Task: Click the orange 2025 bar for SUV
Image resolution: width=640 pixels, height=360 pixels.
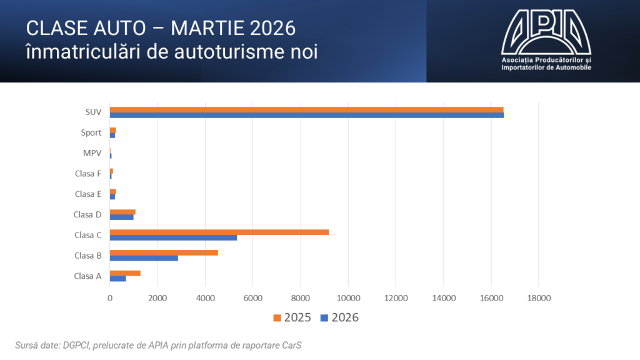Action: [x=306, y=109]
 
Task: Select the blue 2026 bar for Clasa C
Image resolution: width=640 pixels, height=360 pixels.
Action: [x=173, y=237]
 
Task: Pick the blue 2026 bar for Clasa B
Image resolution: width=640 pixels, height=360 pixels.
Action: [x=144, y=258]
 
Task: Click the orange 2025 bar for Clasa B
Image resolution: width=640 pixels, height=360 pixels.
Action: [x=164, y=252]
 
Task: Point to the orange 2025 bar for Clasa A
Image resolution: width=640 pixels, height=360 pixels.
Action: [x=125, y=273]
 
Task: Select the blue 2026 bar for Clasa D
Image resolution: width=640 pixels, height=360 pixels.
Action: [x=122, y=217]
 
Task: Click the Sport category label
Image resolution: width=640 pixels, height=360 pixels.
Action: [x=91, y=132]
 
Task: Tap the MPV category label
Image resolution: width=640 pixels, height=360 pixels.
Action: [x=92, y=153]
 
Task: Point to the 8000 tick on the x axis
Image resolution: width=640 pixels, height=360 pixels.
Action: [x=301, y=299]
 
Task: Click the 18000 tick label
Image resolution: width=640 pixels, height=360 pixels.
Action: [x=539, y=299]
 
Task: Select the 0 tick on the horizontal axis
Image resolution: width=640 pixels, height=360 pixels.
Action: [x=110, y=299]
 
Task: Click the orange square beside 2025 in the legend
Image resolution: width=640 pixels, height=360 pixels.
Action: [x=277, y=318]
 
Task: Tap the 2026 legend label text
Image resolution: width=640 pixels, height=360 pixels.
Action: [x=345, y=318]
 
